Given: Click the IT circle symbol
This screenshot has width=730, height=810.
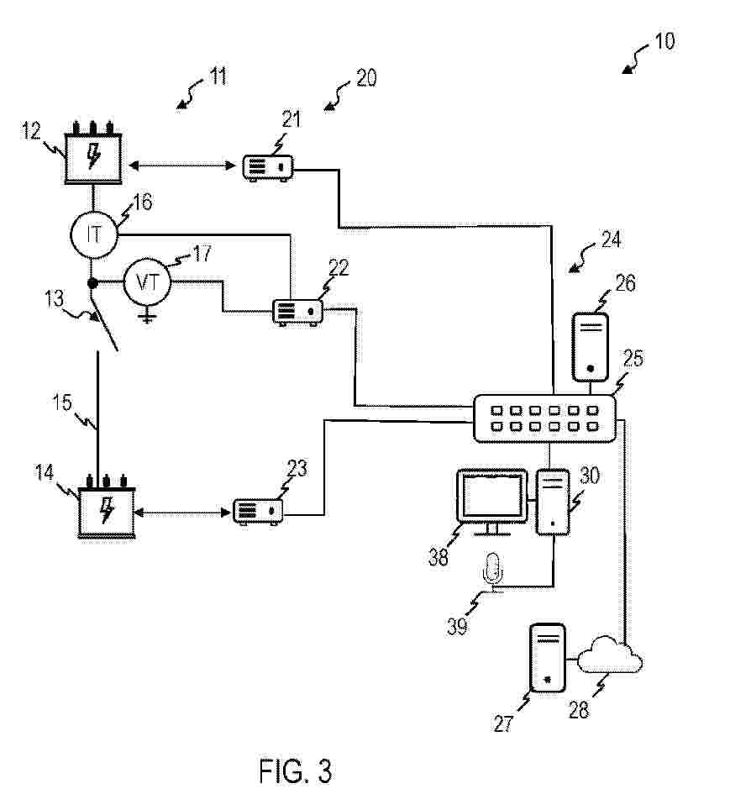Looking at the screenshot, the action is [x=94, y=235].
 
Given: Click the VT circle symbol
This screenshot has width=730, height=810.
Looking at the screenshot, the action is [x=148, y=282].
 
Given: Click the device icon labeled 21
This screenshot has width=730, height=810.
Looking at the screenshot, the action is [x=268, y=168].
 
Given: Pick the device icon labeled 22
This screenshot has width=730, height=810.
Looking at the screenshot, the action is [x=298, y=313].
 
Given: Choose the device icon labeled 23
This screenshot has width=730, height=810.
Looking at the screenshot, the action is [x=259, y=512].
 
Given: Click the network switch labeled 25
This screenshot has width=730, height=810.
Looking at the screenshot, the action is [x=545, y=418].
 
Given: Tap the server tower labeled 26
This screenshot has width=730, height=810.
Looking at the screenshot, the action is [x=590, y=347].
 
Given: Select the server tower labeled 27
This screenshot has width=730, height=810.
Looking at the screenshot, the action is [x=548, y=658].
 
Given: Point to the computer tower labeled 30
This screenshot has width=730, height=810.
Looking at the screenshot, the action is [x=553, y=502].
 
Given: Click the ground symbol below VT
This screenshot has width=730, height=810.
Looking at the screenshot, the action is [x=148, y=316].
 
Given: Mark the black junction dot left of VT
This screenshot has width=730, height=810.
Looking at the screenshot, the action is [x=92, y=283].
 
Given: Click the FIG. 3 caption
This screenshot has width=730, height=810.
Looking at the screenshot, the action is [x=295, y=771].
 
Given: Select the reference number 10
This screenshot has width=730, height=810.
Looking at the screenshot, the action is [x=664, y=41].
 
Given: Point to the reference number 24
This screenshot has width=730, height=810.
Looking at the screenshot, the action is [x=611, y=239].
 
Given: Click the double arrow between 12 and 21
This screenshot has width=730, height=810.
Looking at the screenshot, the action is [x=182, y=166].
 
